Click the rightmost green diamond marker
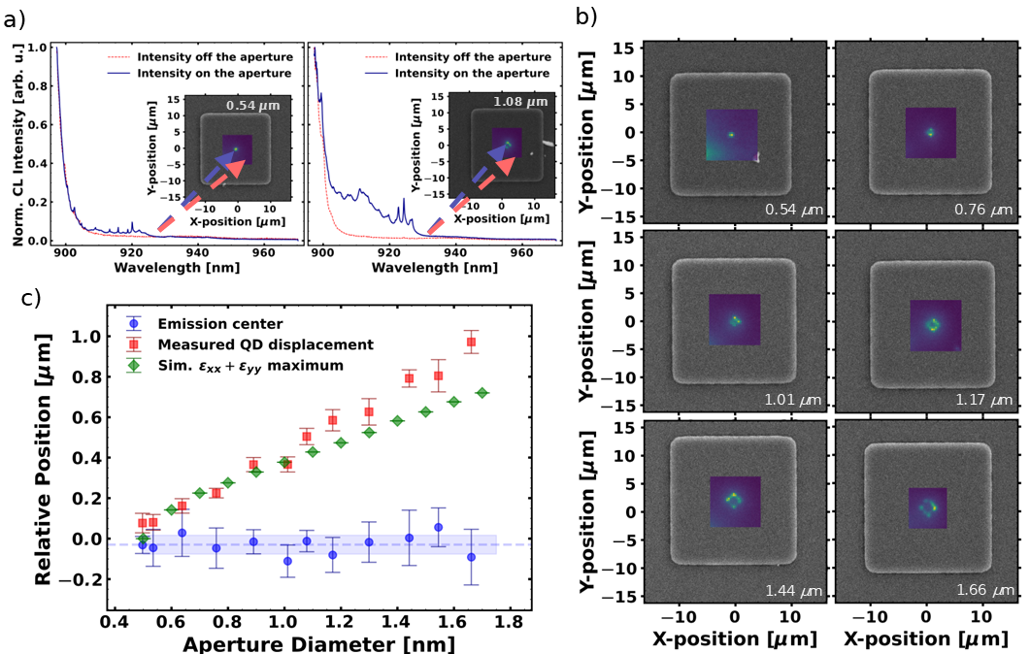482,392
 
